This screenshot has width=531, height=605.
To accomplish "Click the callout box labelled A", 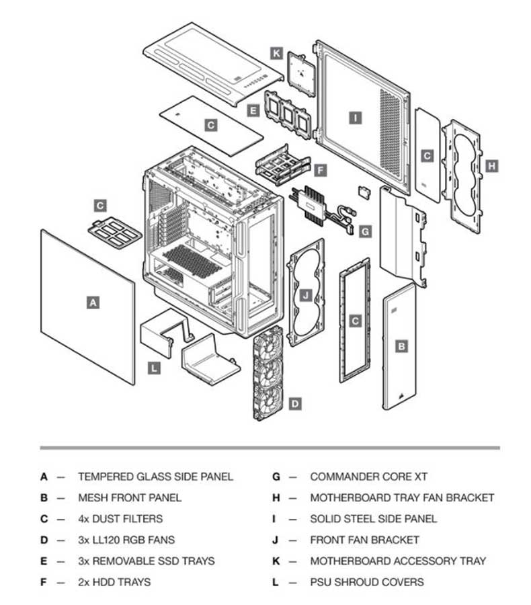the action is pyautogui.click(x=93, y=303).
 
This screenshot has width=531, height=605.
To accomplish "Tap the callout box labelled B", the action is pyautogui.click(x=401, y=346).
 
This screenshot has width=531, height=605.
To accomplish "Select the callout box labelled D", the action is pyautogui.click(x=295, y=404).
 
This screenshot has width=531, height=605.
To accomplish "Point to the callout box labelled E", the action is pyautogui.click(x=253, y=111).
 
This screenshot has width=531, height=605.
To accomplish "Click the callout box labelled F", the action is pyautogui.click(x=321, y=170).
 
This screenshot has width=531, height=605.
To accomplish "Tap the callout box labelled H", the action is pyautogui.click(x=491, y=166).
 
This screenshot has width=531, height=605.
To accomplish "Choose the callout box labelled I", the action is pyautogui.click(x=356, y=118).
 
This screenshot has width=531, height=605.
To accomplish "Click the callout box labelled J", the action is pyautogui.click(x=306, y=296).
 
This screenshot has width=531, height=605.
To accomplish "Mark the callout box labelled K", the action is pyautogui.click(x=276, y=53).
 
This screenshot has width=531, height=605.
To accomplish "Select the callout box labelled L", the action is pyautogui.click(x=155, y=368).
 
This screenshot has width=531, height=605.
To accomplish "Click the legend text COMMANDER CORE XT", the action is pyautogui.click(x=369, y=477).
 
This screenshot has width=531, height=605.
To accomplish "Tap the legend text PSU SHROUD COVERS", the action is pyautogui.click(x=367, y=582).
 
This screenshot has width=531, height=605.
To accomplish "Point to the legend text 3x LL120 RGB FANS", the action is pyautogui.click(x=126, y=540).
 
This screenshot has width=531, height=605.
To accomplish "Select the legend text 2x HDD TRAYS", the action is pyautogui.click(x=115, y=582).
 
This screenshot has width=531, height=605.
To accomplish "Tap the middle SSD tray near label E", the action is pyautogui.click(x=288, y=114).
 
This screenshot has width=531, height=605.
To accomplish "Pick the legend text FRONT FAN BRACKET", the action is pyautogui.click(x=365, y=540).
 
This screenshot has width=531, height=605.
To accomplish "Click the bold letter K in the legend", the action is pyautogui.click(x=276, y=561).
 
